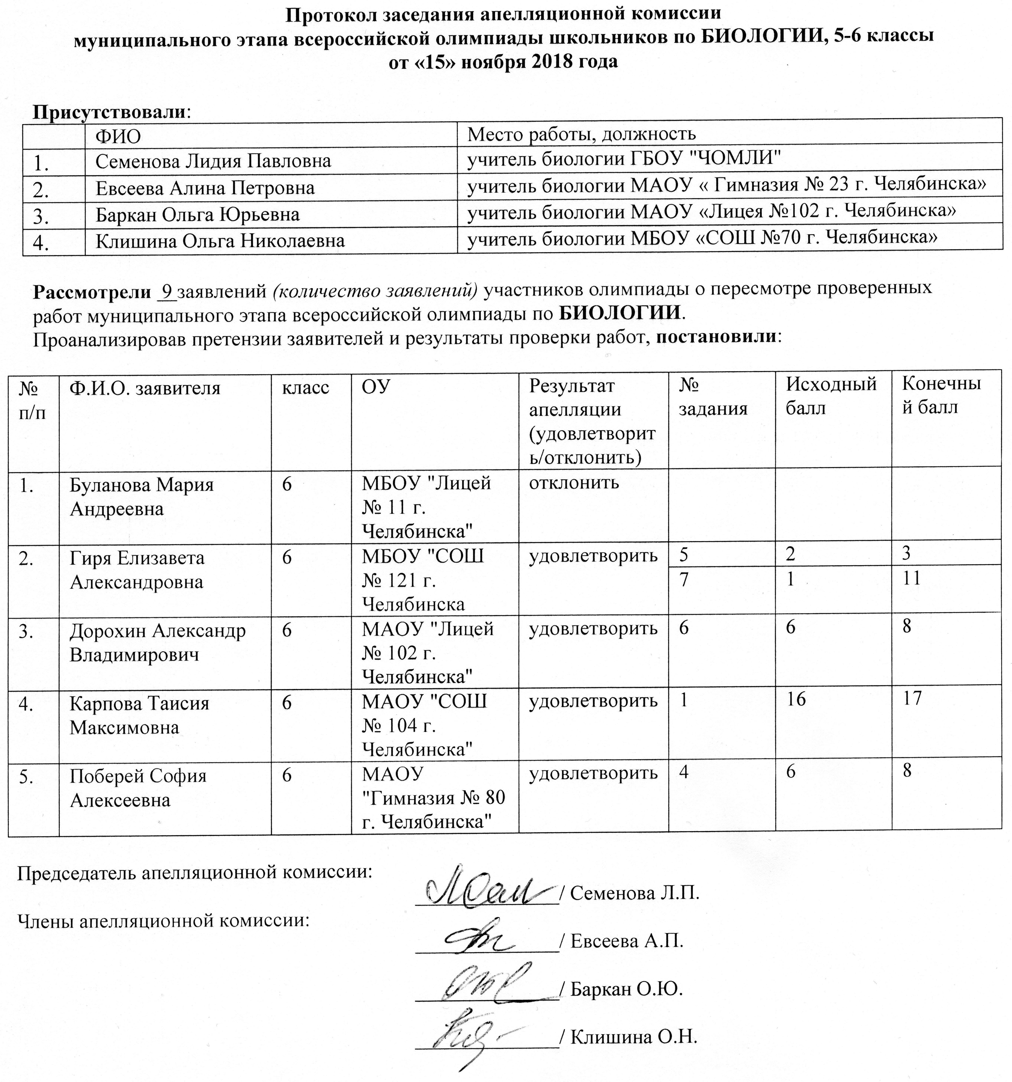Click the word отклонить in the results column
tap(574, 482)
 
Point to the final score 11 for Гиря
tap(911, 578)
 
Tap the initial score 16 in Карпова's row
tap(796, 699)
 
